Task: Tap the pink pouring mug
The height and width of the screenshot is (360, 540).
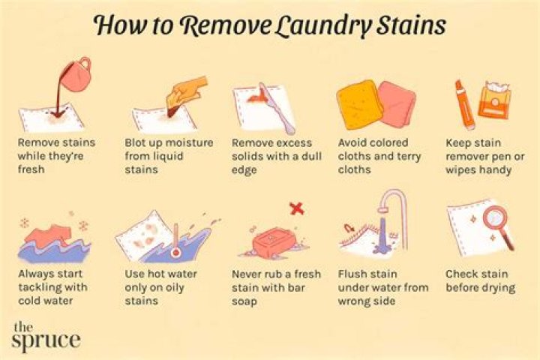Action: click(76, 75)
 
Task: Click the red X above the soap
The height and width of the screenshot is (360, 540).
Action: click(297, 208)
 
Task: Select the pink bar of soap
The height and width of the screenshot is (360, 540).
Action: click(274, 242)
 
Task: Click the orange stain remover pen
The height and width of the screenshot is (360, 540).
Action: click(464, 104)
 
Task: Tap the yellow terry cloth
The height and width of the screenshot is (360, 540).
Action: click(358, 105)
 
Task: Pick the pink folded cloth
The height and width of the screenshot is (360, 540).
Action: click(397, 103)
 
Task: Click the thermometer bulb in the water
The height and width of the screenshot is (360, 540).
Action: click(176, 253)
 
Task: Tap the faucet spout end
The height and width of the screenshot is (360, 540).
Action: click(383, 208)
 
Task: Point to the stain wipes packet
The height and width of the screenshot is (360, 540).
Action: click(495, 100)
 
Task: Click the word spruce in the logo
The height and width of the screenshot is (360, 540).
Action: click(46, 340)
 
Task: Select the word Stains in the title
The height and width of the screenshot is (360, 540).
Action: click(412, 25)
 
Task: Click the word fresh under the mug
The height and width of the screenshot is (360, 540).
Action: click(31, 169)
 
